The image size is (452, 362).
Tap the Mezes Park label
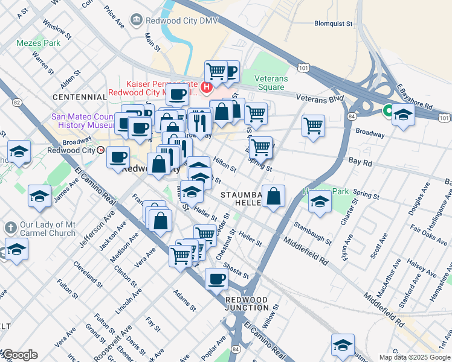pyautogui.click(x=39, y=43)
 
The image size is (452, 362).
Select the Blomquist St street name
pyautogui.click(x=333, y=24)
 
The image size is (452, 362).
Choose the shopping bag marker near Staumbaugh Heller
pyautogui.click(x=273, y=196)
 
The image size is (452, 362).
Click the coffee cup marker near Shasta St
pyautogui.click(x=216, y=279)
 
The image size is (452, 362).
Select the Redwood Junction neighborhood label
pyautogui.click(x=247, y=303)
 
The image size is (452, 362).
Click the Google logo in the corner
pyautogui.click(x=19, y=355)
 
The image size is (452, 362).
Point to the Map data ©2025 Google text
pyautogui.click(x=414, y=357)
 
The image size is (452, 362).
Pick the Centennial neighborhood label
pyautogui.click(x=80, y=97)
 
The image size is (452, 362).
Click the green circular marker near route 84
pyautogui.click(x=388, y=110)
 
